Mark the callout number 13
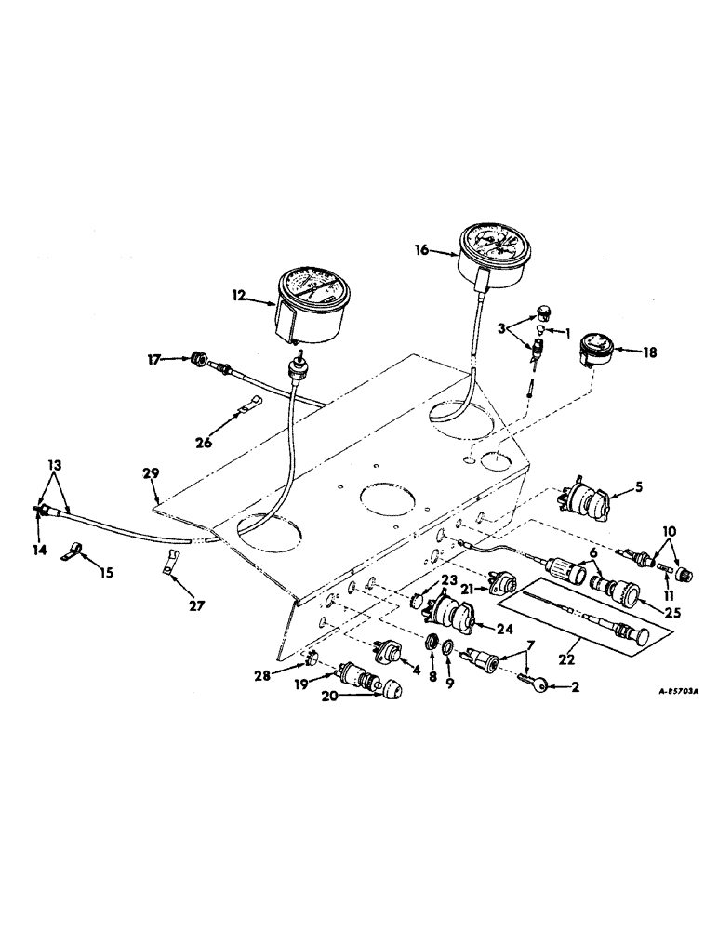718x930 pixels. tap(54, 463)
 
